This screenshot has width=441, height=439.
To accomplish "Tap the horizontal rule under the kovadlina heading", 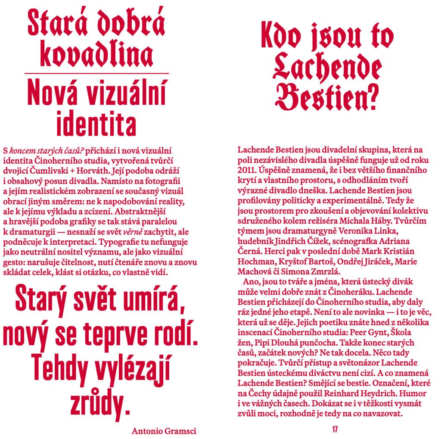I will [x=96, y=74].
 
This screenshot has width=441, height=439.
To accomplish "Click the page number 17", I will [x=335, y=430].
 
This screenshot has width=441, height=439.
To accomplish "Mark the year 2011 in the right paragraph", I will [x=246, y=170].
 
